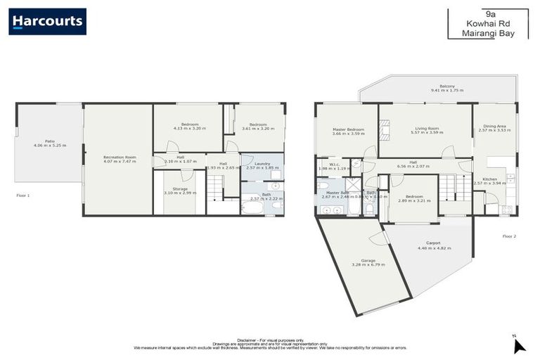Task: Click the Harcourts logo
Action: [x=47, y=21]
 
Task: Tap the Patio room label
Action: [x=49, y=141]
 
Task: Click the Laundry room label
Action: [x=262, y=163]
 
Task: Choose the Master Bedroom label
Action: [x=348, y=129]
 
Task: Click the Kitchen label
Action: [x=489, y=179]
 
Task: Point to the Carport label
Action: [x=433, y=243]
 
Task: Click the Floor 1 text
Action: [x=23, y=195]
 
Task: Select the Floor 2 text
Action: [x=509, y=236]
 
